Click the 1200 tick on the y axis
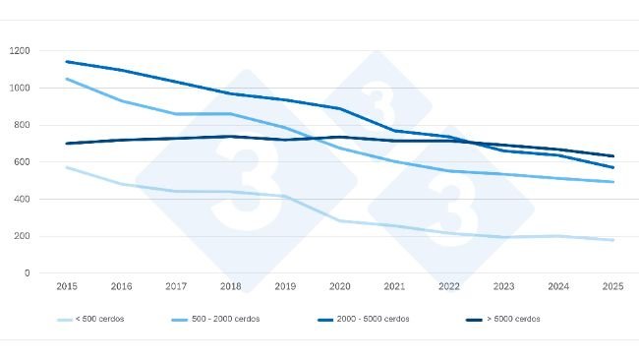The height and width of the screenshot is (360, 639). pyautogui.click(x=20, y=51)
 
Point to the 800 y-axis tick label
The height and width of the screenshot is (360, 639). pyautogui.click(x=22, y=125)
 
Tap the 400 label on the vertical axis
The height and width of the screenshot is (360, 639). pyautogui.click(x=22, y=200)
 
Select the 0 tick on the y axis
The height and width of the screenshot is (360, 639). pyautogui.click(x=28, y=273)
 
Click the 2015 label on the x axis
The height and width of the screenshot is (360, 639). pyautogui.click(x=66, y=286)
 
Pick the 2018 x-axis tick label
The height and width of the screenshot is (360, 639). pyautogui.click(x=230, y=286)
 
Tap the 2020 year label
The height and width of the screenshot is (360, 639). pyautogui.click(x=340, y=286)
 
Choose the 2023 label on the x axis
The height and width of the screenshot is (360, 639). pyautogui.click(x=504, y=286)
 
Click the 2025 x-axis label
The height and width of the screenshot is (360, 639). pyautogui.click(x=613, y=286)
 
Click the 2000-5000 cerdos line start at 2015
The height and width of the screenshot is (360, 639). pyautogui.click(x=66, y=62)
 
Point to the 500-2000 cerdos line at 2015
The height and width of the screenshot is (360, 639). pyautogui.click(x=66, y=79)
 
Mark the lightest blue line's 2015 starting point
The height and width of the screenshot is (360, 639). pyautogui.click(x=66, y=167)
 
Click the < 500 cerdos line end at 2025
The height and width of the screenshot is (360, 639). pyautogui.click(x=613, y=240)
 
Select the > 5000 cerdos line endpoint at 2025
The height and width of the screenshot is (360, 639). pyautogui.click(x=613, y=156)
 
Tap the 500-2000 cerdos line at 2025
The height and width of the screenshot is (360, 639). pyautogui.click(x=613, y=182)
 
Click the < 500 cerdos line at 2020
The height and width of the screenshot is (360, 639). pyautogui.click(x=340, y=220)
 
